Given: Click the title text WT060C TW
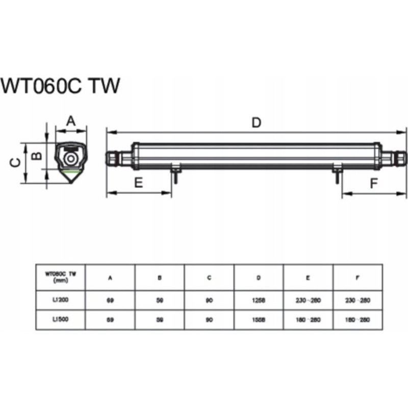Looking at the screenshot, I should (x=61, y=86).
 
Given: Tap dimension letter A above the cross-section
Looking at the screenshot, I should (x=71, y=121).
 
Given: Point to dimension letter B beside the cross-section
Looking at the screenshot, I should (x=37, y=156).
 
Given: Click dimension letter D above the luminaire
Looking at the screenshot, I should (x=257, y=122).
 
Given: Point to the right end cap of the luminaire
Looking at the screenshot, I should (x=397, y=157).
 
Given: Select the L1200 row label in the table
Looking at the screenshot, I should (x=60, y=300).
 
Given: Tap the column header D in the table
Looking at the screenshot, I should (x=259, y=278).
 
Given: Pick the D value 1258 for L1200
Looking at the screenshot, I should (x=259, y=300).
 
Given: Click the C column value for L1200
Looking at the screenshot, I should (x=209, y=300).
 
